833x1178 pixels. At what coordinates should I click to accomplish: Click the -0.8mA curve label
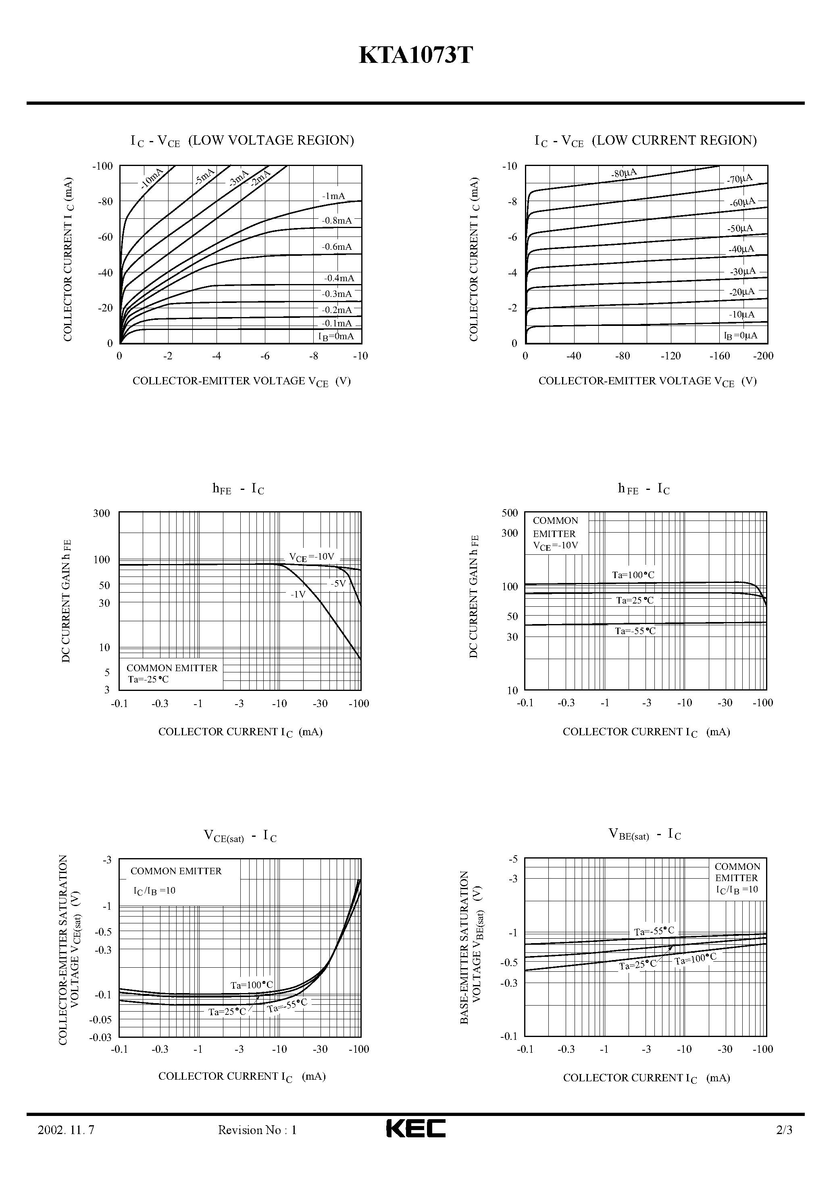coord(337,221)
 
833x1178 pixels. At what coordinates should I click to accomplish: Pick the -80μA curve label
coord(624,173)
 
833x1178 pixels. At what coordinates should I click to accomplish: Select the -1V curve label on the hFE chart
coord(298,594)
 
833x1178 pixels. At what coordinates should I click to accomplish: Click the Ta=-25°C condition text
coord(148,679)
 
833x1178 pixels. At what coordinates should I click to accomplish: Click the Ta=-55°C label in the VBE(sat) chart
coord(654,931)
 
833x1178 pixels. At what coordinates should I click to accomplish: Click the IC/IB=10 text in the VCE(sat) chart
coord(154,891)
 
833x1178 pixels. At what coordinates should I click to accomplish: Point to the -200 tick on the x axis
coord(763,356)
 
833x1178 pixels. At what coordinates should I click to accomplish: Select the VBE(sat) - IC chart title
coord(645,835)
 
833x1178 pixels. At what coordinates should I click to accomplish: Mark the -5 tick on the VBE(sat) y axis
coord(512,859)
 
